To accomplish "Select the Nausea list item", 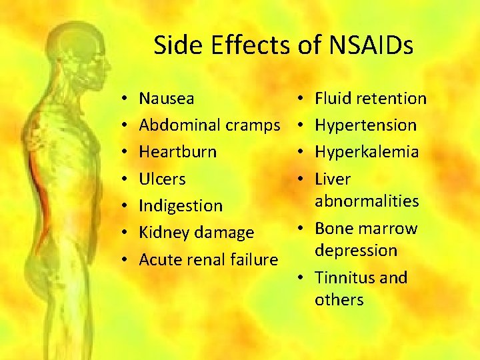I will coord(167,99).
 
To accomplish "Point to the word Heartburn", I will coord(177,152).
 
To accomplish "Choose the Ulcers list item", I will coord(162,179).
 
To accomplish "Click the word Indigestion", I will coord(180,205).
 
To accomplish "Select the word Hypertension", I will coord(365,125).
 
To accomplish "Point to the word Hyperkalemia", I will coord(367,152).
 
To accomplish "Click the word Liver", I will coord(332,179).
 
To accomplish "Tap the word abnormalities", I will coord(367,201).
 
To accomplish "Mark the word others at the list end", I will coord(339,299).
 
